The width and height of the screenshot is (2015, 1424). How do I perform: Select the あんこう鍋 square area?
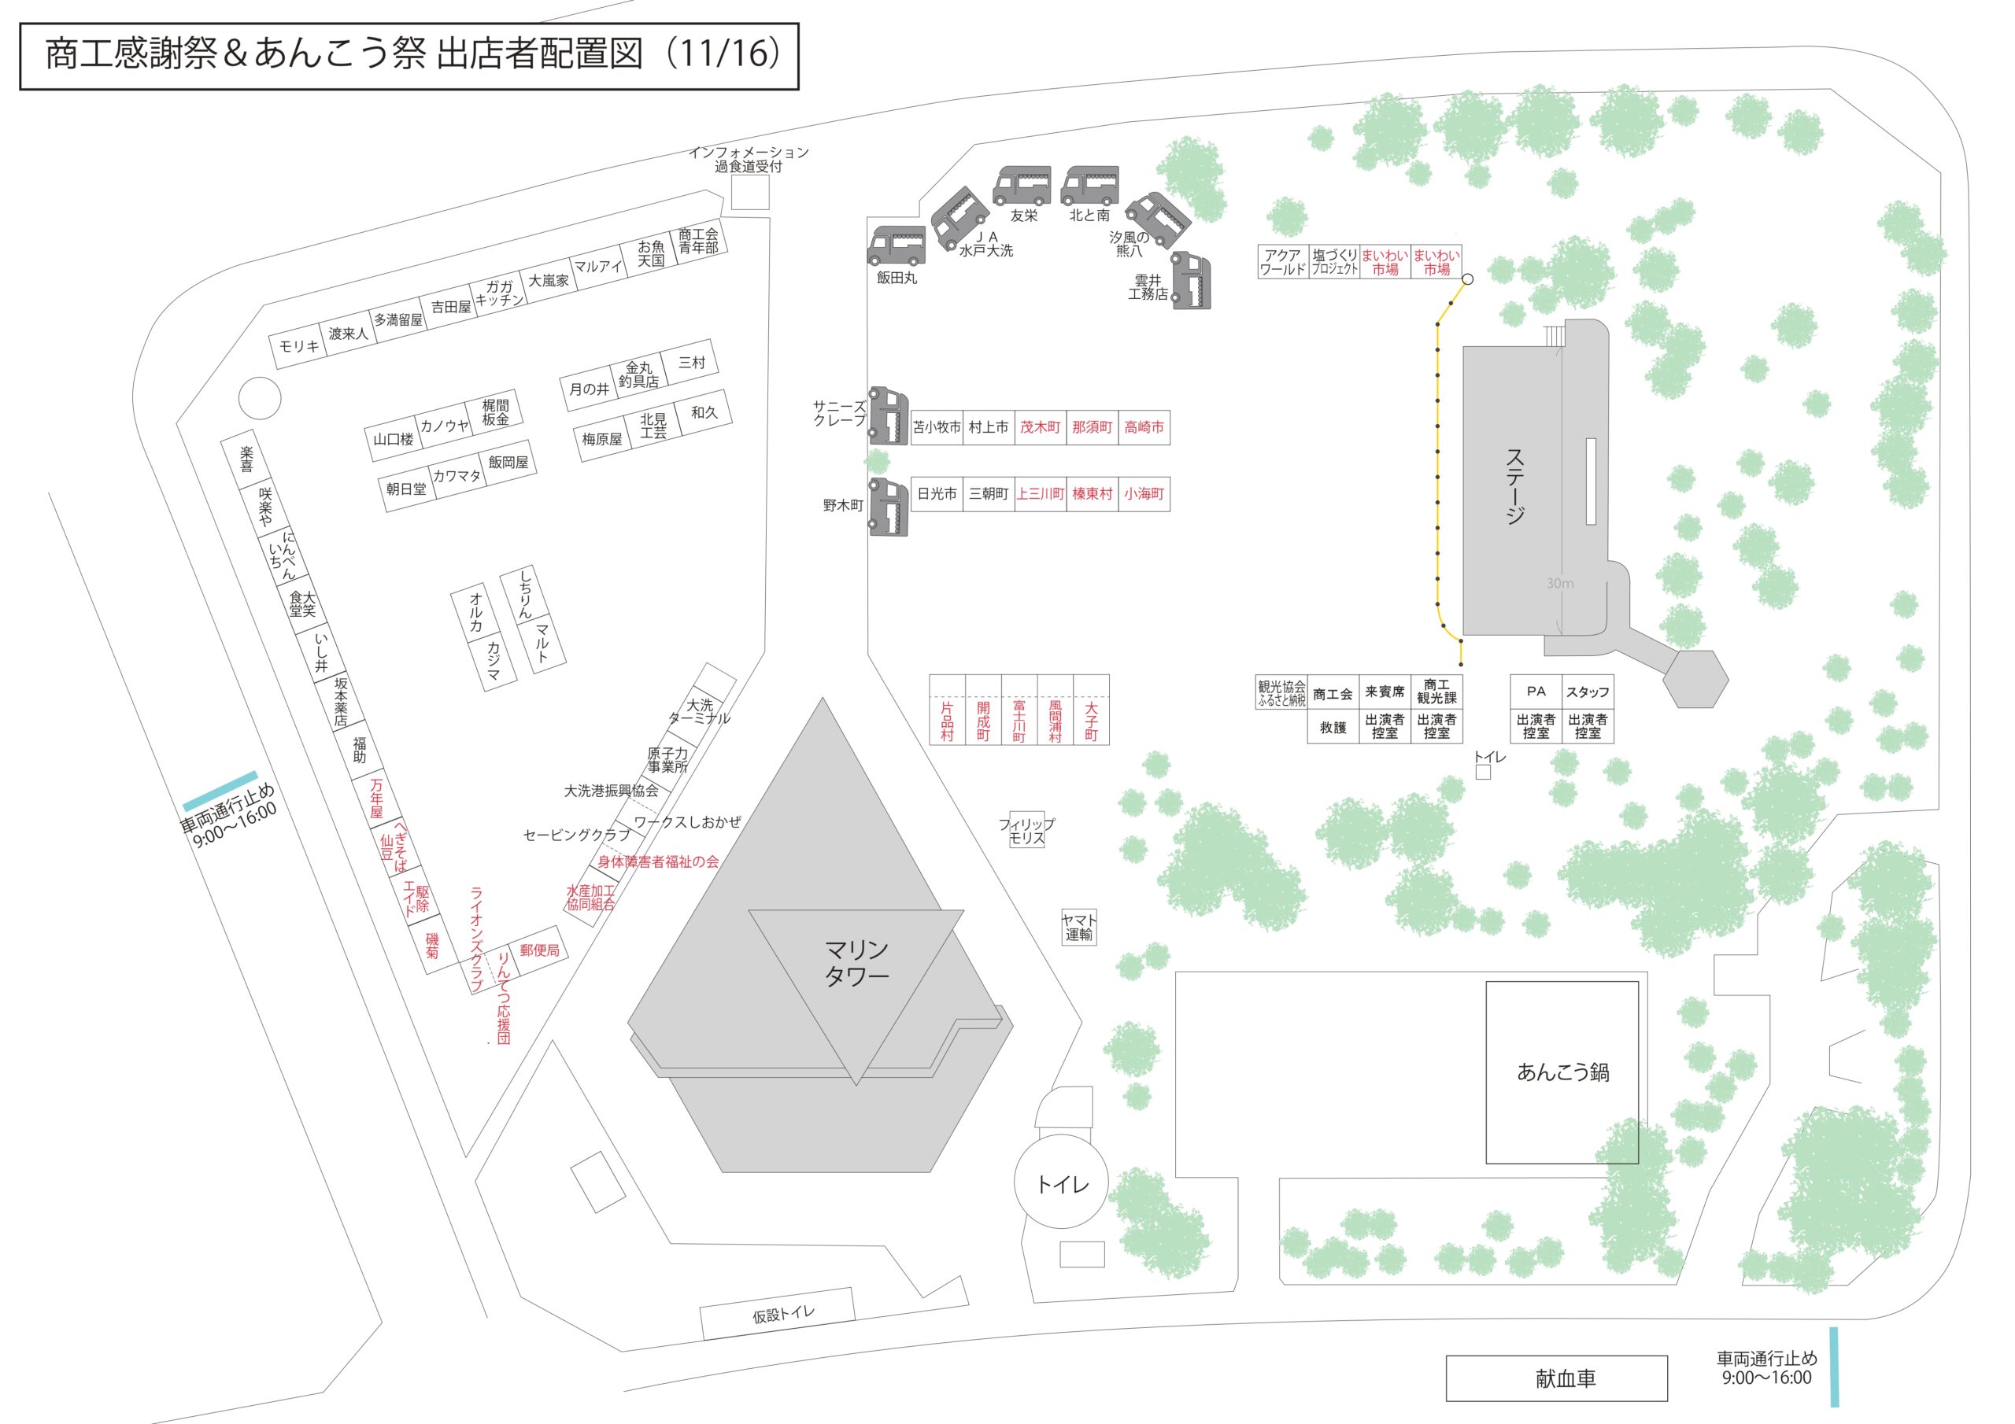click(x=1562, y=1072)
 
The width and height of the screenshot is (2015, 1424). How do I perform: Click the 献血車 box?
click(x=1557, y=1378)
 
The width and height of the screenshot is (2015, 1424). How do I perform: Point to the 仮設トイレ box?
click(x=778, y=1313)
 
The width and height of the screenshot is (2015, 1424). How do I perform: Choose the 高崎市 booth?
click(x=1144, y=427)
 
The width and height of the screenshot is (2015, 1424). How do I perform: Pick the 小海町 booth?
click(x=1144, y=494)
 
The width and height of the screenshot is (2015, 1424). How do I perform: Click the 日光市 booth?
click(x=937, y=494)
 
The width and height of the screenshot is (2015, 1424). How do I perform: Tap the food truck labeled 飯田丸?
click(x=896, y=245)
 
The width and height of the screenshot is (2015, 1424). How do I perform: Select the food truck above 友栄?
click(x=1022, y=185)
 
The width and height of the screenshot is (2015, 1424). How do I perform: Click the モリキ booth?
click(x=298, y=347)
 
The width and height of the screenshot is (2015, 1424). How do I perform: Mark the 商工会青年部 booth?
click(x=699, y=241)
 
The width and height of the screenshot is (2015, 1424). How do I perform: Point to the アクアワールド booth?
click(x=1282, y=261)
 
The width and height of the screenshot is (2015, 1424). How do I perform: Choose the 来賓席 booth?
click(x=1385, y=692)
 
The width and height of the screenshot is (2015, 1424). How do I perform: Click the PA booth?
click(x=1536, y=692)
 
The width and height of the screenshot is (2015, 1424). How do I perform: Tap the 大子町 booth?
click(x=1091, y=710)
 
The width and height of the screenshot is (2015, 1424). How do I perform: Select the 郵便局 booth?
click(x=539, y=950)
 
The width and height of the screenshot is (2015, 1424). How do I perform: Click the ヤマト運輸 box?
click(x=1078, y=927)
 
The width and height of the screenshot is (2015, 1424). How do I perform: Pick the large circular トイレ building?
click(x=1062, y=1183)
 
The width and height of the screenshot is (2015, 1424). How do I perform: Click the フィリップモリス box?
click(x=1027, y=830)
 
